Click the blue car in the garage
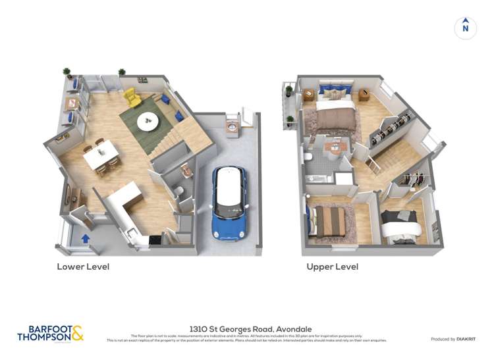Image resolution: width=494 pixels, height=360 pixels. [x=230, y=202]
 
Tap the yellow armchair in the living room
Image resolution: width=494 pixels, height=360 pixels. [x=132, y=97]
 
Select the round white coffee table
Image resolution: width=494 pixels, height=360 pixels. [x=147, y=120]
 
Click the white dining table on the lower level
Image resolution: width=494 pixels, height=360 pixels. [x=101, y=155]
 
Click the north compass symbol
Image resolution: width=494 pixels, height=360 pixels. [x=465, y=28]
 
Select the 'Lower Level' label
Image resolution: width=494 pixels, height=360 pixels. [x=83, y=267]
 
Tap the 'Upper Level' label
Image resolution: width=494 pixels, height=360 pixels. [x=332, y=267]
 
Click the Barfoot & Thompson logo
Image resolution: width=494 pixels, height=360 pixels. [x=50, y=333]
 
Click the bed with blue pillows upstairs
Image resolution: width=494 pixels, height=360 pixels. [x=335, y=103]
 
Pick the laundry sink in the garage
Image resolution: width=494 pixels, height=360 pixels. [x=233, y=125]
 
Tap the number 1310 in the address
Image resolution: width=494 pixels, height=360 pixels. [x=199, y=328]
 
